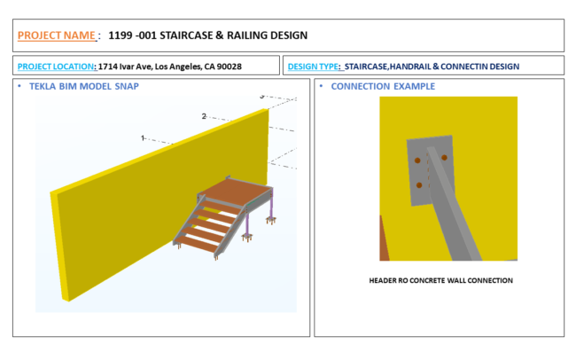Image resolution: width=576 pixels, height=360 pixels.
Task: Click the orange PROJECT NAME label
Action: [56, 35]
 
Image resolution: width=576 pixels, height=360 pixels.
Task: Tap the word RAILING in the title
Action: [247, 35]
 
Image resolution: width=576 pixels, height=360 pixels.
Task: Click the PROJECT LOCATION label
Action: [56, 67]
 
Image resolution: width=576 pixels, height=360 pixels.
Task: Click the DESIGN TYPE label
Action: [313, 67]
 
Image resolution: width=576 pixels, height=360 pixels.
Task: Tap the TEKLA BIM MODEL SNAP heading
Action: [84, 86]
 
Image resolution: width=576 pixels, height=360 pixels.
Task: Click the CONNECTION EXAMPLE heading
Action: [383, 86]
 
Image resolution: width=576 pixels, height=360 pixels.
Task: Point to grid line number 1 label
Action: [143, 138]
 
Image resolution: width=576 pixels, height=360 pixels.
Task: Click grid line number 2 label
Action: [204, 116]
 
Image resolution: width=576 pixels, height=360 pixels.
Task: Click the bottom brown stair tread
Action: [198, 244]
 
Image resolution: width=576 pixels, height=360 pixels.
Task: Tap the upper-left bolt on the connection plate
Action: [417, 160]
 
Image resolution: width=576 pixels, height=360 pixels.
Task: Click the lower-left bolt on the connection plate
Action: [419, 185]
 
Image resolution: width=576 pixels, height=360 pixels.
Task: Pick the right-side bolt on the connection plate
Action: [444, 157]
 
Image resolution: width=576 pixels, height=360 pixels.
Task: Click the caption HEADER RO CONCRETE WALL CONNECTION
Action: [440, 280]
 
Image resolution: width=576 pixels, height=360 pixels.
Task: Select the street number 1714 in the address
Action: [107, 67]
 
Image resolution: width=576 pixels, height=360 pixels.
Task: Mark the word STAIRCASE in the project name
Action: [186, 35]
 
